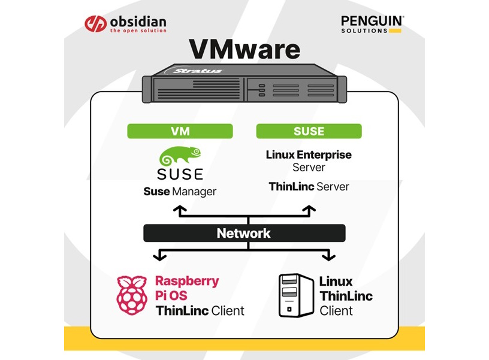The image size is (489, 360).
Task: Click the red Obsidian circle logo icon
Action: pyautogui.click(x=95, y=24)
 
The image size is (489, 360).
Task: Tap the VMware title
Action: pyautogui.click(x=244, y=50)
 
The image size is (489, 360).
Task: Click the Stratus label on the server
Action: pyautogui.click(x=197, y=71)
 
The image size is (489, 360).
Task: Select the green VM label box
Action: pyautogui.click(x=180, y=131)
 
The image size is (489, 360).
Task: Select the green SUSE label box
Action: pyautogui.click(x=309, y=131)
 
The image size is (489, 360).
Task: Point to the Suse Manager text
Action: pyautogui.click(x=180, y=192)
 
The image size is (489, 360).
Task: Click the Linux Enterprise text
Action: pyautogui.click(x=309, y=155)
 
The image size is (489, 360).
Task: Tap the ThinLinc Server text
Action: pyautogui.click(x=309, y=187)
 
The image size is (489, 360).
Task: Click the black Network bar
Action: pyautogui.click(x=244, y=233)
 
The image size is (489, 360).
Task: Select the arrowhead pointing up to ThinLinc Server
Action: pyautogui.click(x=309, y=208)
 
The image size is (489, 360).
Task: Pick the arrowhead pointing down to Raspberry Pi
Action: pyautogui.click(x=159, y=257)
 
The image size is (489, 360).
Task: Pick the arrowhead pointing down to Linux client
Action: pyautogui.click(x=328, y=257)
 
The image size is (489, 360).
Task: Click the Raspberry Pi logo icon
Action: pyautogui.click(x=132, y=295)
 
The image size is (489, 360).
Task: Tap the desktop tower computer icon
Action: pyautogui.click(x=296, y=295)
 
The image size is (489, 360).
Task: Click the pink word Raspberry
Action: pyautogui.click(x=187, y=281)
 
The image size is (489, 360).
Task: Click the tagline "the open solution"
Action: pyautogui.click(x=137, y=31)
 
